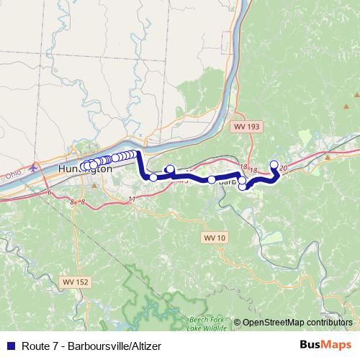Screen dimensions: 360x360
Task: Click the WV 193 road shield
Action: tap(246, 126)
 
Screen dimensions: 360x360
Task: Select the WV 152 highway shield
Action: tap(73, 282)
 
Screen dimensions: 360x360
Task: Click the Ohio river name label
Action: tap(12, 175)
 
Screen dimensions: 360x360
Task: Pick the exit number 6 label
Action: tap(49, 193)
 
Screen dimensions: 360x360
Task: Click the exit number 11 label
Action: tap(131, 198)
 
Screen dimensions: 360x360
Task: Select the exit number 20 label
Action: tap(283, 168)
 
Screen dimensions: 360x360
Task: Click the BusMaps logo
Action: tap(325, 345)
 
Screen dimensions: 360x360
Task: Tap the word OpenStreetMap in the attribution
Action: tap(273, 322)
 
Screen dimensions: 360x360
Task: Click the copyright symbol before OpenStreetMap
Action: tap(238, 322)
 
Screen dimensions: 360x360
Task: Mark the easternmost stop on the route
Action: tap(274, 164)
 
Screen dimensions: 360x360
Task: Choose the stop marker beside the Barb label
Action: tap(212, 179)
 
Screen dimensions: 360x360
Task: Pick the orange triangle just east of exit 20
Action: tap(328, 156)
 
